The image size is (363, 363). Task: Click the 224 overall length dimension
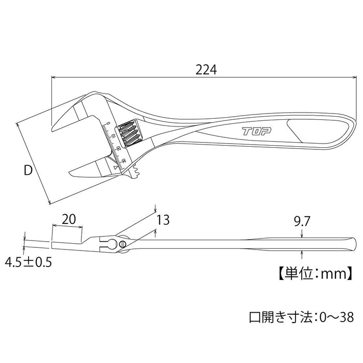click(206, 69)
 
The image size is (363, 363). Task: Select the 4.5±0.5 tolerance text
click(29, 263)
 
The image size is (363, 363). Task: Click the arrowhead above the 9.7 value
click(302, 236)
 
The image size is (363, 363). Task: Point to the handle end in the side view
click(351, 243)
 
